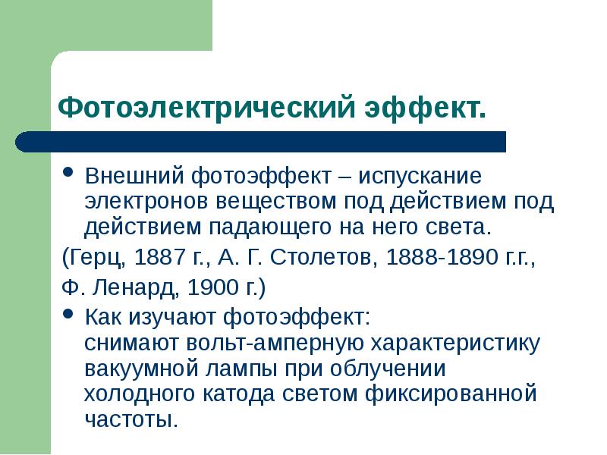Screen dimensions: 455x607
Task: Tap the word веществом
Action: pyautogui.click(x=265, y=202)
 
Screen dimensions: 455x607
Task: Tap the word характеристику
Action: pyautogui.click(x=454, y=344)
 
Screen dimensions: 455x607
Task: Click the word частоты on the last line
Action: pyautogui.click(x=130, y=419)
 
